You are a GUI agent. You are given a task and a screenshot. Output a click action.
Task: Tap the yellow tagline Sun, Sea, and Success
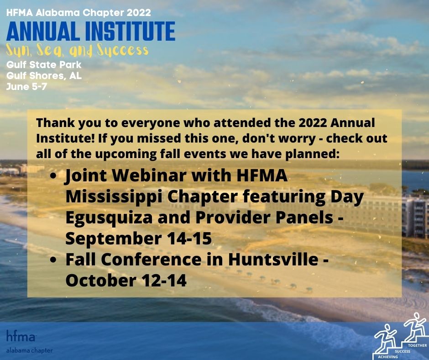click(77, 49)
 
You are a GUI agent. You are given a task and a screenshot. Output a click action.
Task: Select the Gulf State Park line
click(44, 64)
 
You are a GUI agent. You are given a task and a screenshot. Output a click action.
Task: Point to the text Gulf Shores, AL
click(44, 75)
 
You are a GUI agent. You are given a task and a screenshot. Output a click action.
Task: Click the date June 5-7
click(26, 86)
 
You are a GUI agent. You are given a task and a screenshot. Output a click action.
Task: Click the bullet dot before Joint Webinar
click(54, 176)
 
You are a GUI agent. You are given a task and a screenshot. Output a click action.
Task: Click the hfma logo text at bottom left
click(21, 337)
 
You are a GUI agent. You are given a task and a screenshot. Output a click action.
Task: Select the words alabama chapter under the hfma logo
click(30, 350)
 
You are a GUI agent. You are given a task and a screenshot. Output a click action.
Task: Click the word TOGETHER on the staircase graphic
click(417, 346)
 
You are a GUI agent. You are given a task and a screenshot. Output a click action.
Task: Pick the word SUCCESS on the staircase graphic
click(402, 351)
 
